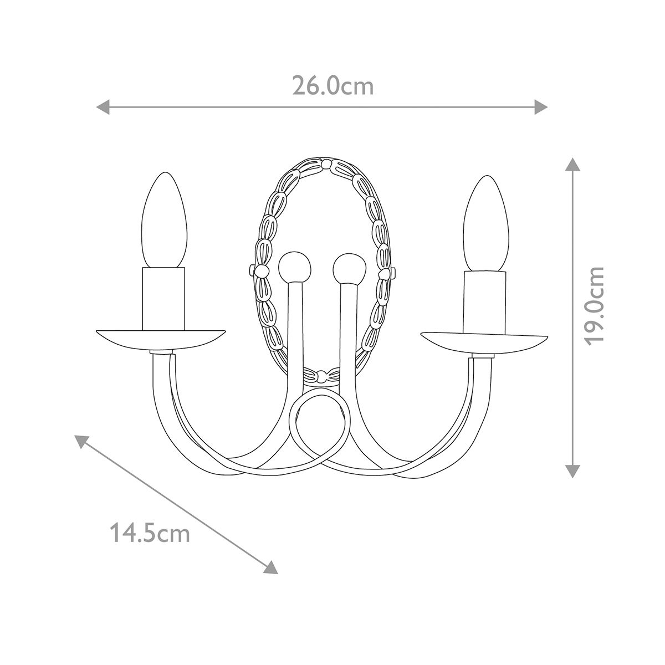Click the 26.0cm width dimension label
(333, 86)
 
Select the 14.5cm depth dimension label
(150, 534)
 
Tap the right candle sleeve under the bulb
(485, 302)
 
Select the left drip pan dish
(161, 339)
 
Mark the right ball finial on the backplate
(349, 269)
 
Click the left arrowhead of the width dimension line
(102, 106)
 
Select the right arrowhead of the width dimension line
(542, 106)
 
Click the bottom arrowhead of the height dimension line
(572, 472)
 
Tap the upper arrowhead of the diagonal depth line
(81, 441)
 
